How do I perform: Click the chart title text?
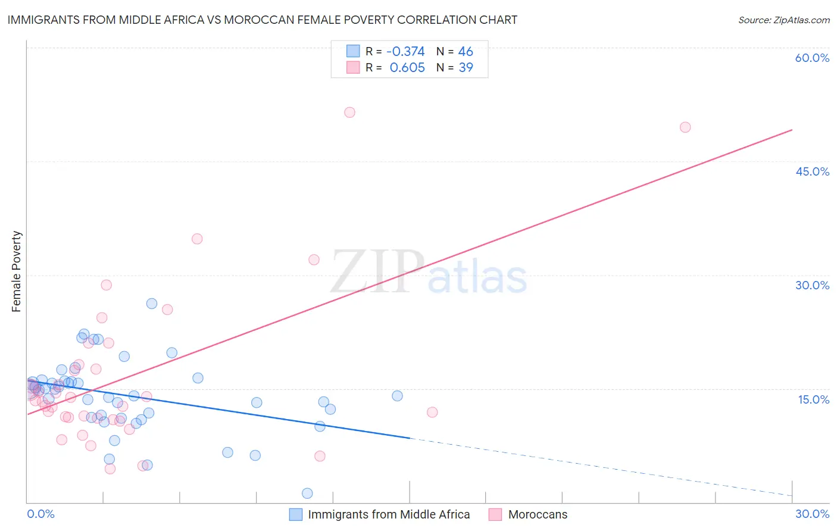coord(262,20)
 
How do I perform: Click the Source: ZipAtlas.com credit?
coord(783,20)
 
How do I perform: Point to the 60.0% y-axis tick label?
coord(812,58)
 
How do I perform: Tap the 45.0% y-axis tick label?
coord(812,171)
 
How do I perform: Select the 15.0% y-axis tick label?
coord(813,399)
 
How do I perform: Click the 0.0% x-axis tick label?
coord(40,514)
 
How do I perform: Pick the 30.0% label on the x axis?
coord(812,514)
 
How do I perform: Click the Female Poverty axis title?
coord(16,271)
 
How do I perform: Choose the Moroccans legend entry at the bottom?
coord(537,514)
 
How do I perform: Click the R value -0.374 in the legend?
coord(405,52)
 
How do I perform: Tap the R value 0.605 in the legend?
coord(407,68)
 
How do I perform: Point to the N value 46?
coord(466,52)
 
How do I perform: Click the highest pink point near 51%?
coord(349,113)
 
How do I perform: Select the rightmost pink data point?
coord(685,127)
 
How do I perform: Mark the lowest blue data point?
coord(307,493)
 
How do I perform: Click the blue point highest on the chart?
coord(152,304)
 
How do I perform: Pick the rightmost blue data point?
coord(397,396)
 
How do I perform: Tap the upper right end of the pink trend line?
coord(792,130)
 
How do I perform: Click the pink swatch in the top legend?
coord(353,68)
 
